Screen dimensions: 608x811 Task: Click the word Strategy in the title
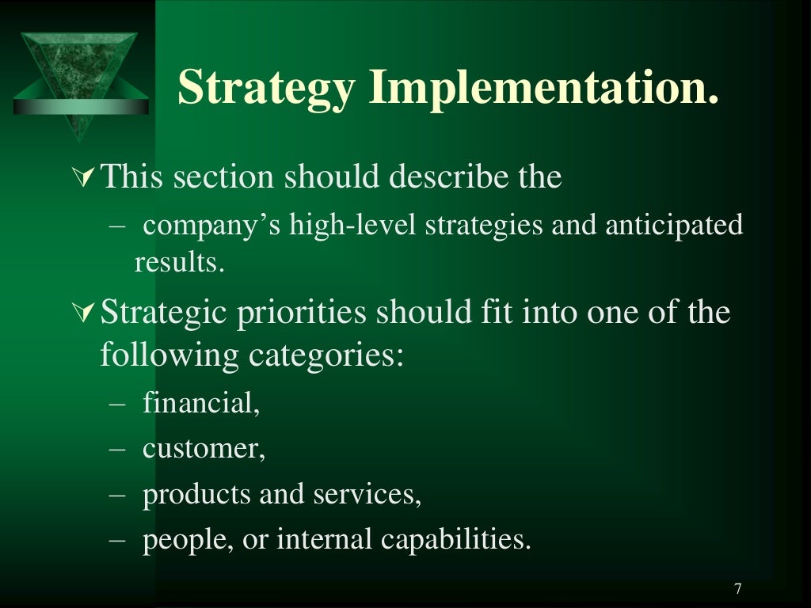point(265,87)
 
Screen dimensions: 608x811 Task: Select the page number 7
point(738,588)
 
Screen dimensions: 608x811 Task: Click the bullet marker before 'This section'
point(91,178)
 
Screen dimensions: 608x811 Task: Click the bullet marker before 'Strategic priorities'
point(91,314)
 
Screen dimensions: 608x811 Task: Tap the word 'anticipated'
point(674,226)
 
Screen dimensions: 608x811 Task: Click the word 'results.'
point(180,262)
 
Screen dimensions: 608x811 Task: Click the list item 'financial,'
point(201,404)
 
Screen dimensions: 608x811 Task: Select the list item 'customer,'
point(204,450)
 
